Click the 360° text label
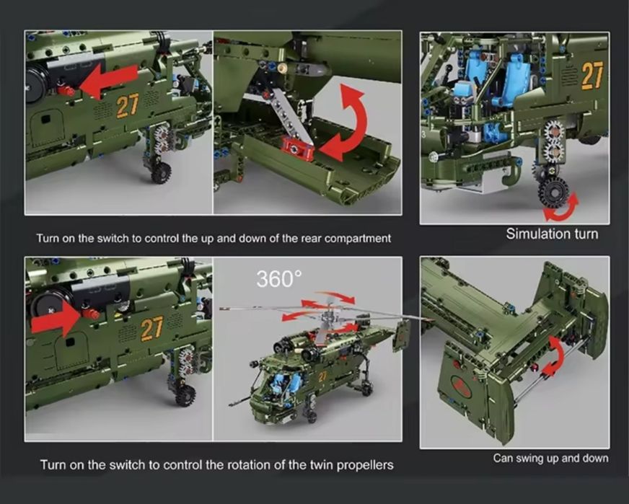click(x=279, y=278)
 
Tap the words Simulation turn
click(x=552, y=234)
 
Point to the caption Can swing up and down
click(x=551, y=458)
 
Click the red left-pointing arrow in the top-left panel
click(x=109, y=81)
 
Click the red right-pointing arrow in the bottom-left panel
click(x=56, y=319)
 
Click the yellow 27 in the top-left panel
click(x=128, y=105)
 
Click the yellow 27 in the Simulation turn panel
click(x=592, y=75)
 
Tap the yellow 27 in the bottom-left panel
click(x=151, y=328)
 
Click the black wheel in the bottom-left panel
click(x=185, y=395)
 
